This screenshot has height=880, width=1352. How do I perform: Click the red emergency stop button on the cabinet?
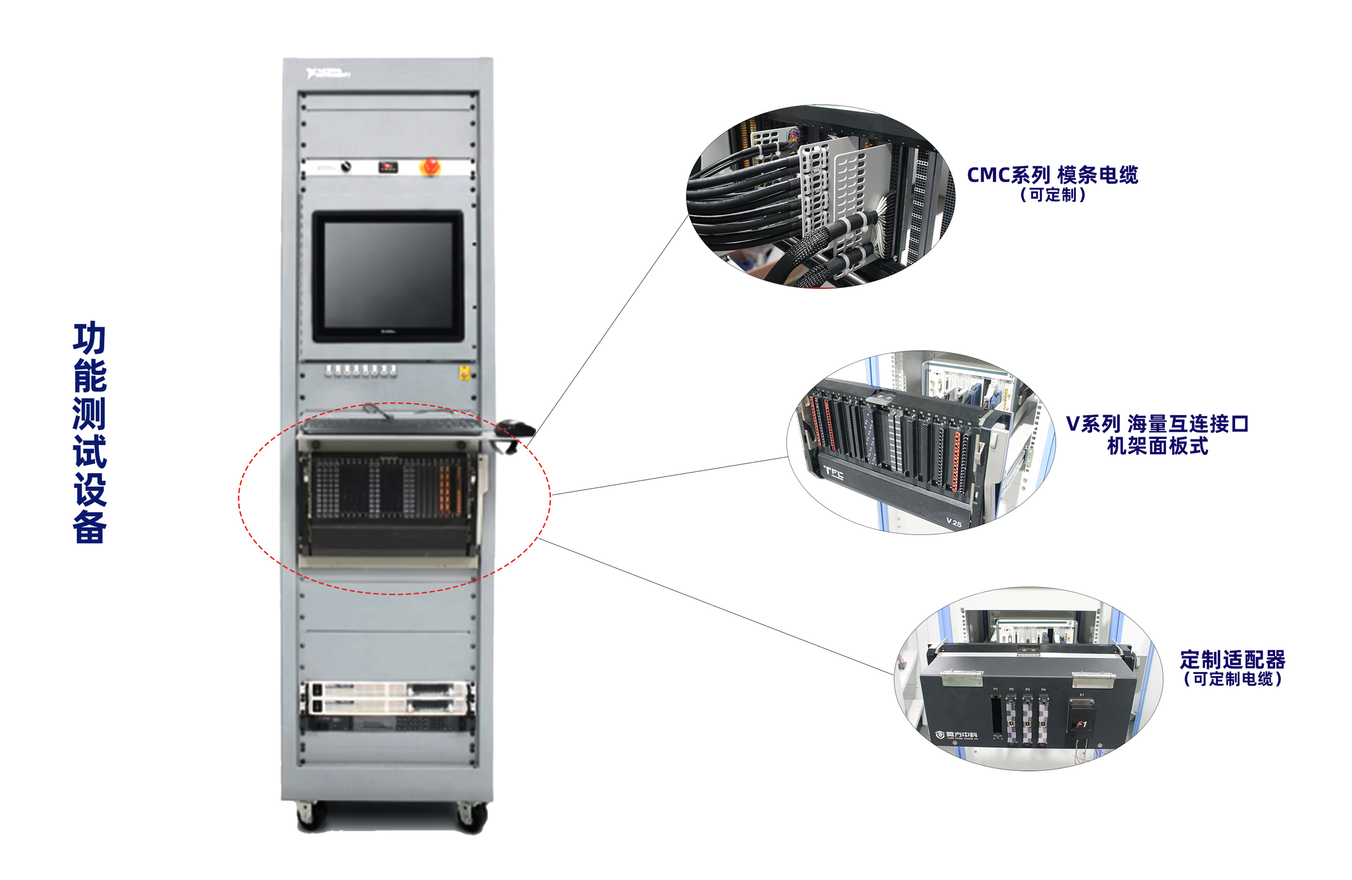pos(430,166)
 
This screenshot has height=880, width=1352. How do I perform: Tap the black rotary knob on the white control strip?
pos(345,167)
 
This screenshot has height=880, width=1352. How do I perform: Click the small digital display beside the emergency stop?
pos(388,167)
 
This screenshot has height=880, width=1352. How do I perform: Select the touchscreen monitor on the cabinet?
pos(388,276)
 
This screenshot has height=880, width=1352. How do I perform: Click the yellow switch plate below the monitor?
pos(463,373)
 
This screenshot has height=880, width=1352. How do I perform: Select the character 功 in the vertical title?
pos(90,338)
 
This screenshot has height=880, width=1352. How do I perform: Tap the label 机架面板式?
pos(1157,446)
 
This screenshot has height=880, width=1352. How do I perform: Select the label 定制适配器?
pos(1232,659)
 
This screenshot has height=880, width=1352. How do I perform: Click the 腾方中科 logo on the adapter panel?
pos(957,735)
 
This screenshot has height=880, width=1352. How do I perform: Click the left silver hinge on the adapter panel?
pos(962,678)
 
